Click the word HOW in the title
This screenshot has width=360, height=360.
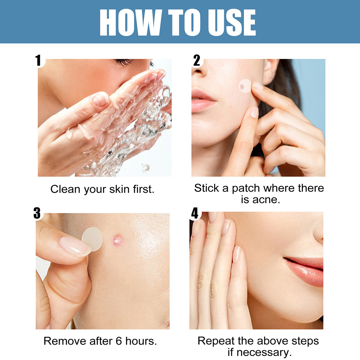[x=131, y=22]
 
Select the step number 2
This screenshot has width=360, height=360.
[x=197, y=60]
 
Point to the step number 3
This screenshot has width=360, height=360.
[x=37, y=213]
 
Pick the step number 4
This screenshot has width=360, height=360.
[x=194, y=213]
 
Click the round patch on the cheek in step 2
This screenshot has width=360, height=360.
[x=245, y=86]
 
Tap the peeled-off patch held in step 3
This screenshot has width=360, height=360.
[x=93, y=239]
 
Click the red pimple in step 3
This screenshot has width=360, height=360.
[x=117, y=240]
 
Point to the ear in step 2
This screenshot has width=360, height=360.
[x=271, y=71]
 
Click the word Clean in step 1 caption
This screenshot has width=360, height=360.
[x=66, y=189]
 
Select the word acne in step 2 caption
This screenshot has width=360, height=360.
[x=266, y=200]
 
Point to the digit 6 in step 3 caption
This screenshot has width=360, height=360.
[x=119, y=341]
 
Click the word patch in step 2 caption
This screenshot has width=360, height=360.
[x=246, y=189]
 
